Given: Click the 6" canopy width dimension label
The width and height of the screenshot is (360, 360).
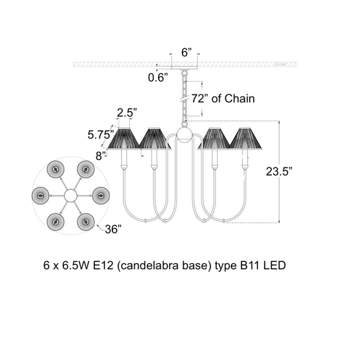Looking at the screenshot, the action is click(186, 52).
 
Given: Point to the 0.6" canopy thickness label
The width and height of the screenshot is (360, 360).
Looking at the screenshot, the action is click(158, 78).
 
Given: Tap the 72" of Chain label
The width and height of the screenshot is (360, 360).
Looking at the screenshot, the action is click(223, 99).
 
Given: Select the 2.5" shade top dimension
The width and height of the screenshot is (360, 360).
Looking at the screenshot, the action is click(127, 113).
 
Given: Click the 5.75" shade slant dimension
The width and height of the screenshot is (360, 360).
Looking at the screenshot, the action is click(101, 135).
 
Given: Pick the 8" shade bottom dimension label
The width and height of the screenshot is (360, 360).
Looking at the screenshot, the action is click(101, 156).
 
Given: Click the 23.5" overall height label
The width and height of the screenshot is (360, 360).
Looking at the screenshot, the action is click(279, 171).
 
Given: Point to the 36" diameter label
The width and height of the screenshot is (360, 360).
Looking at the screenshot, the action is click(113, 229).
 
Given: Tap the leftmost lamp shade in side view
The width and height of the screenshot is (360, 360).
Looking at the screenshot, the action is click(124, 138).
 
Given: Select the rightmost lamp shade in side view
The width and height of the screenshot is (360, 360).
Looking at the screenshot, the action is click(245, 138).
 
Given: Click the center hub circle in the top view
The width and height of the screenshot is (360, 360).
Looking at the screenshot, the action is click(71, 196).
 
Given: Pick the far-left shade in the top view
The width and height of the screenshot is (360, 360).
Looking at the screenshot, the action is click(40, 196).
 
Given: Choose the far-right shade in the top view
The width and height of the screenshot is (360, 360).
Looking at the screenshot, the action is click(101, 196).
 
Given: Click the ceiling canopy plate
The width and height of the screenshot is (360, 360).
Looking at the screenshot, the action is click(184, 68).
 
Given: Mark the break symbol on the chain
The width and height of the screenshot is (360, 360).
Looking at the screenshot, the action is click(184, 99).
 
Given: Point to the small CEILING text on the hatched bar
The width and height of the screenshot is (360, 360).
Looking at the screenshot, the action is click(280, 65).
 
